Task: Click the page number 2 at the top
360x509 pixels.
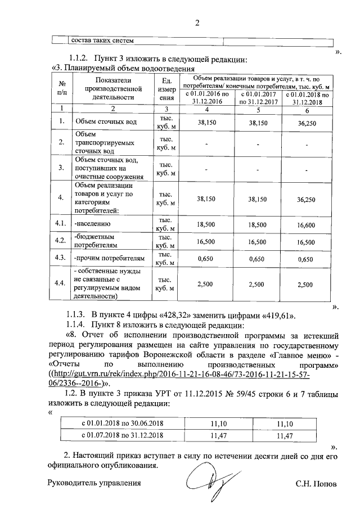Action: coord(197,23)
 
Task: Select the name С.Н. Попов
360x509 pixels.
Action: coord(316,483)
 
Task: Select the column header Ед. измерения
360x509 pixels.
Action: coord(166,89)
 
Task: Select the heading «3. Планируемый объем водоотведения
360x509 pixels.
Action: coord(119,69)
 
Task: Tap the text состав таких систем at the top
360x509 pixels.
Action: coord(101,40)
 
